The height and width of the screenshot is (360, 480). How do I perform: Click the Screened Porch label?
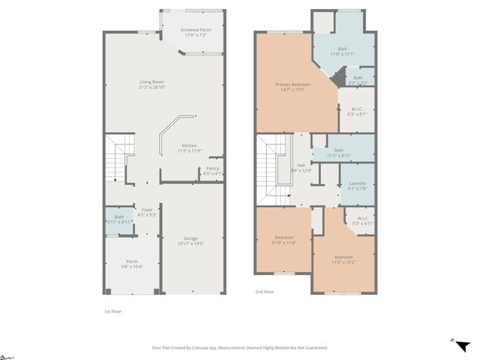(x=196, y=29)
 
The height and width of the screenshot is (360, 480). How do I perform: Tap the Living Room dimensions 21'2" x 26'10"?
(x=151, y=88)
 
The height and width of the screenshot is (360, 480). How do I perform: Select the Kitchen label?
(x=190, y=145)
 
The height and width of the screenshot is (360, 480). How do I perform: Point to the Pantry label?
(x=212, y=169)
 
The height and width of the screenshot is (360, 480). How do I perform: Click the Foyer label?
(x=147, y=210)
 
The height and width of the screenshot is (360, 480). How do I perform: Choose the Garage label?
(x=190, y=238)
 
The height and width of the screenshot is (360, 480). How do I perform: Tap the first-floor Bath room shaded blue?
(x=118, y=219)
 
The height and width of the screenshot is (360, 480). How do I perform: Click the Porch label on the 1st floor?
(x=132, y=262)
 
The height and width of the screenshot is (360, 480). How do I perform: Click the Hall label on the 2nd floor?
(x=301, y=165)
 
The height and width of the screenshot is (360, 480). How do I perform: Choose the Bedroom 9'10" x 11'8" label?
(x=283, y=238)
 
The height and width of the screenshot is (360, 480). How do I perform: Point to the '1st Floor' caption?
(x=112, y=310)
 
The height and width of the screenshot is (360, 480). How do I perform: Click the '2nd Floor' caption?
(x=264, y=292)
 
